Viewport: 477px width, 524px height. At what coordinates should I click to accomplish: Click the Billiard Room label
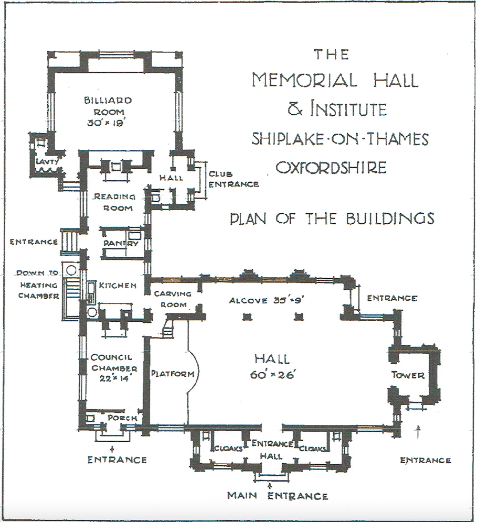point(108,106)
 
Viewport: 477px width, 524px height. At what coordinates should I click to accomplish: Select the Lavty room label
point(47,162)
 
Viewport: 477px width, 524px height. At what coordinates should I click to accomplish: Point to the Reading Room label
point(114,202)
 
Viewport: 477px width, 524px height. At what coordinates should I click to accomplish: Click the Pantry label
point(121,243)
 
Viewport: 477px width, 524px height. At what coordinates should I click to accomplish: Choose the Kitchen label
point(118,286)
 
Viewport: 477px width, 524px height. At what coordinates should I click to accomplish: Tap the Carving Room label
point(173,299)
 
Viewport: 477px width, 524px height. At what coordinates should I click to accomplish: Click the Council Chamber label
point(114,363)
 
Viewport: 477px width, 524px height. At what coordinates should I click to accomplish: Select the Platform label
point(173,373)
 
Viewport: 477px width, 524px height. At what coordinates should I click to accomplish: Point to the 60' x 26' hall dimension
point(272,375)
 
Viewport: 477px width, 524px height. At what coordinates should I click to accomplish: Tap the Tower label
point(408,375)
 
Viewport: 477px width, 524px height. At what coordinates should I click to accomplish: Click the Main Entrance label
point(278,496)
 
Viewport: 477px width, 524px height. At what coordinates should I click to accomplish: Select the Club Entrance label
point(234,179)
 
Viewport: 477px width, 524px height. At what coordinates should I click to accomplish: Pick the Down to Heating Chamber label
point(38,285)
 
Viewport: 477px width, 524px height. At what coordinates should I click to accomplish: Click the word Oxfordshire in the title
point(331,167)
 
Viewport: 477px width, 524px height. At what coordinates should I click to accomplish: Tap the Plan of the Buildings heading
point(332,218)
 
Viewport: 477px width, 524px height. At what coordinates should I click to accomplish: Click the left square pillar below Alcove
point(247,316)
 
